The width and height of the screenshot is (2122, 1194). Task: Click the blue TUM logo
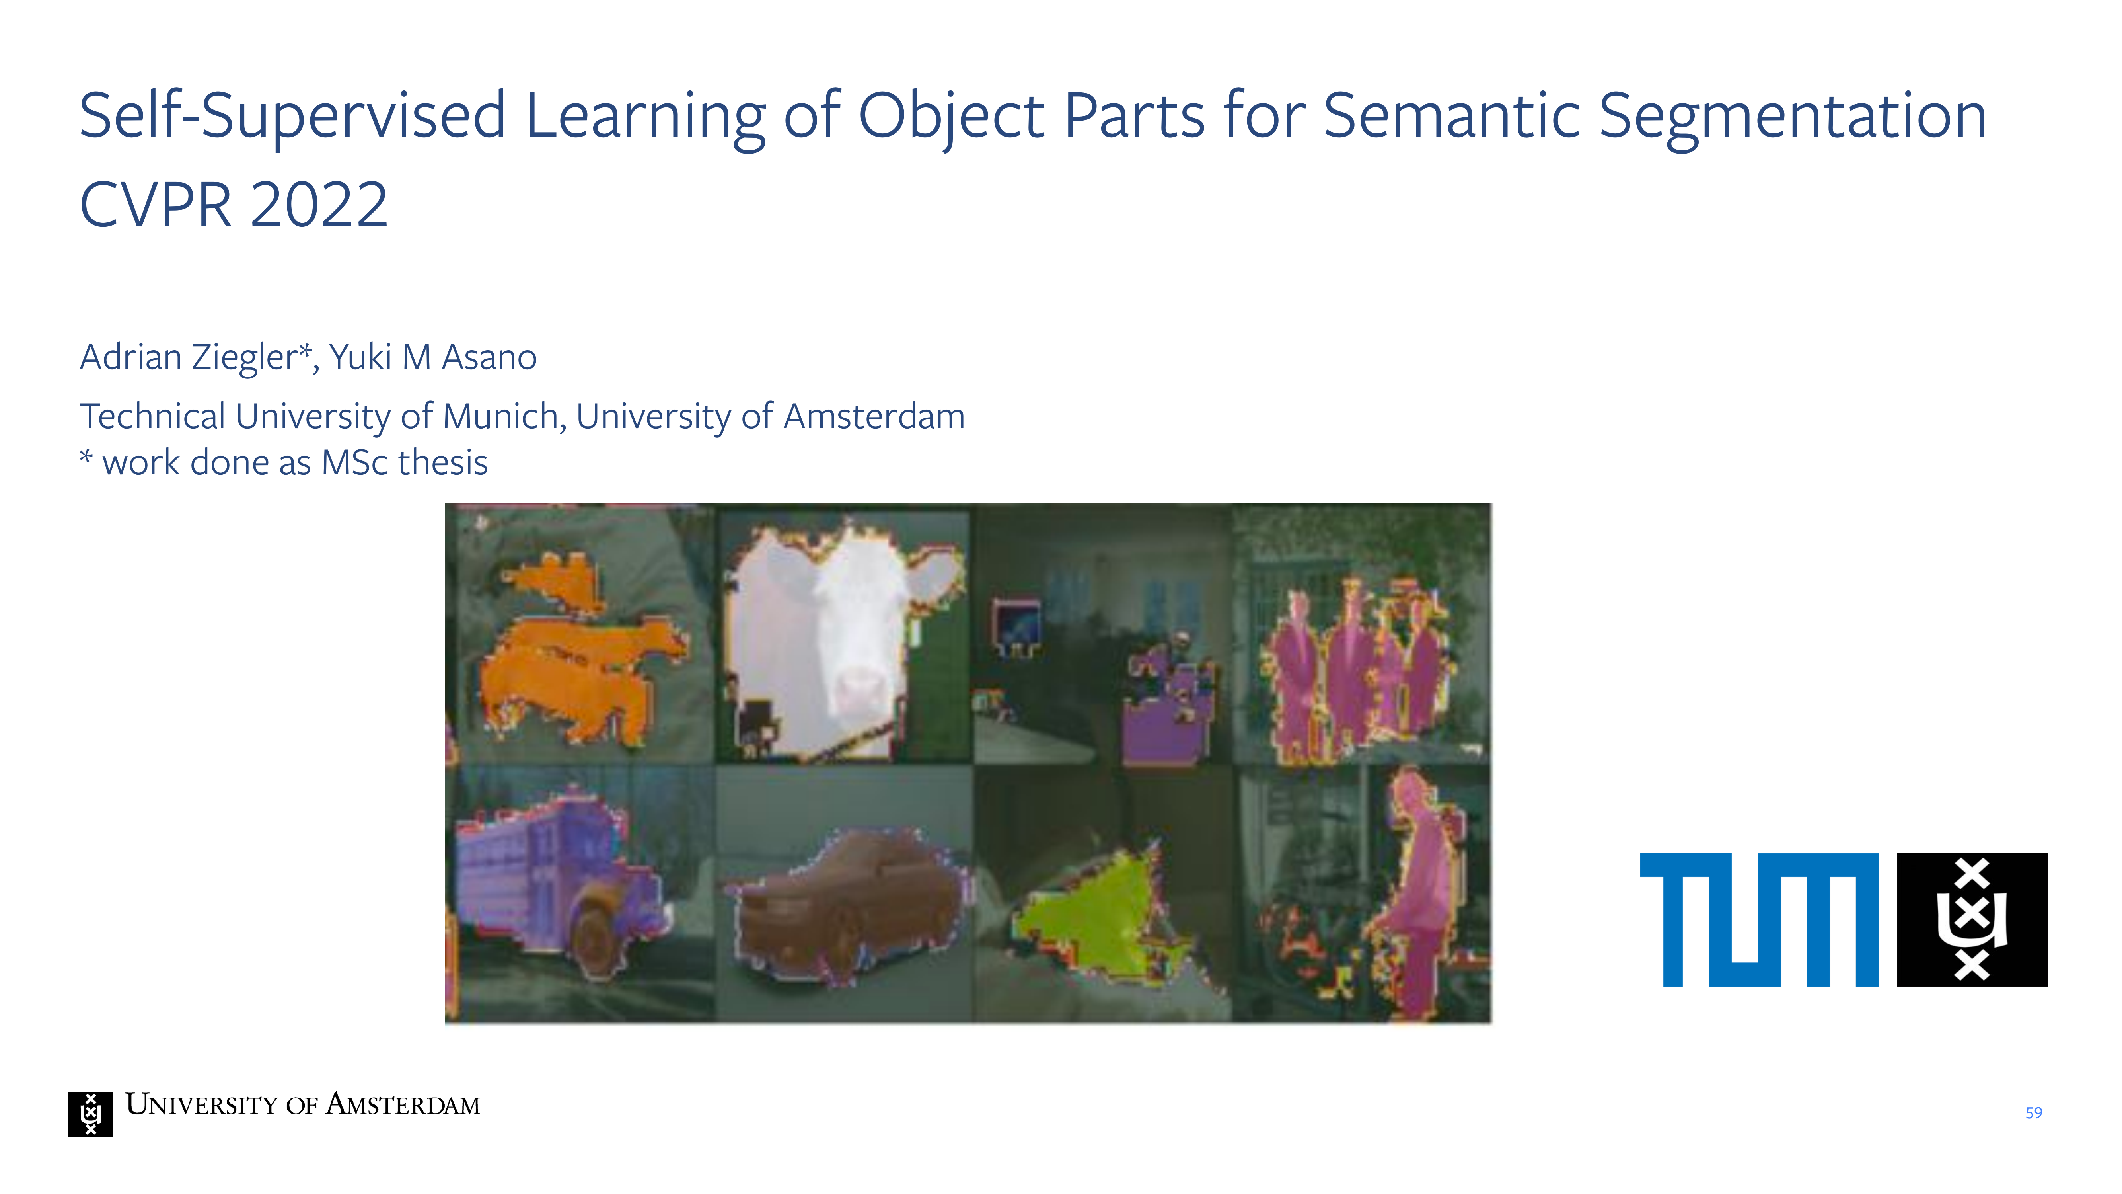1760,920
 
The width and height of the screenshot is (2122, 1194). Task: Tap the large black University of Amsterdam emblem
1972,920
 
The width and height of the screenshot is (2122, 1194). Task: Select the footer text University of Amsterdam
302,1104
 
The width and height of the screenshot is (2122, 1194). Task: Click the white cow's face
849,643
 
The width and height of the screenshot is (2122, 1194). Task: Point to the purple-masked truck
560,882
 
